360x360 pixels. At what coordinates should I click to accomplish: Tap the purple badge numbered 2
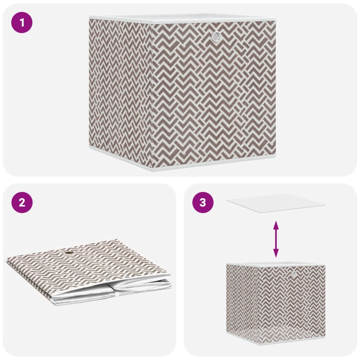click(22, 202)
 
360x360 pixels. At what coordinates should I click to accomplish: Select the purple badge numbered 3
click(203, 202)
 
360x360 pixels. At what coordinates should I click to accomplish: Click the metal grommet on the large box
click(216, 36)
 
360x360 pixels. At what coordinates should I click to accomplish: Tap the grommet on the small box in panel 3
click(294, 274)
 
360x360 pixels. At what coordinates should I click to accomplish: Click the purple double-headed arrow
click(276, 239)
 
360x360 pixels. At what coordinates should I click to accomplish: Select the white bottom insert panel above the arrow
click(276, 203)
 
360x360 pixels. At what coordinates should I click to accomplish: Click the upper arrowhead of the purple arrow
click(276, 224)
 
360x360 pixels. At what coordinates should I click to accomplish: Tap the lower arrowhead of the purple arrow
click(276, 254)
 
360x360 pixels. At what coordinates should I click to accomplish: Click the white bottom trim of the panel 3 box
click(292, 341)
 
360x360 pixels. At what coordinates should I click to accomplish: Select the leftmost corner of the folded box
click(7, 261)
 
